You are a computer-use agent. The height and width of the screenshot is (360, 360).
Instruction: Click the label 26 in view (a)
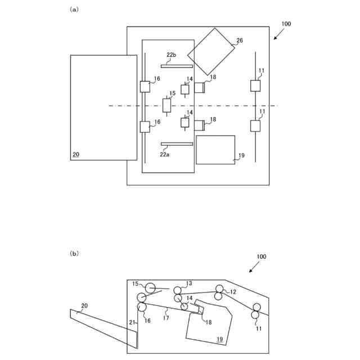(240, 40)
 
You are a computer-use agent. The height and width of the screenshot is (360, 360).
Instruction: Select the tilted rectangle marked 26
(211, 51)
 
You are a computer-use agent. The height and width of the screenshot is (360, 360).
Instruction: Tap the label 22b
(171, 55)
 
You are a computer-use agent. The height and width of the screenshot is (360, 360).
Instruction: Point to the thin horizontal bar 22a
(177, 144)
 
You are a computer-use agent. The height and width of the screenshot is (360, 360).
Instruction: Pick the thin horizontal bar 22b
(177, 66)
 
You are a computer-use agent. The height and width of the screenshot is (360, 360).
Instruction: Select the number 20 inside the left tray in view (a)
(76, 154)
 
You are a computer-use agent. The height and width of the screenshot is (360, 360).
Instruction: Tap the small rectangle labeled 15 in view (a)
(166, 105)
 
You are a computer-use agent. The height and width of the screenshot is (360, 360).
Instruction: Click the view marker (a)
(73, 10)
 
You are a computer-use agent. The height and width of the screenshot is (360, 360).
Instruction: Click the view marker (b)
(74, 254)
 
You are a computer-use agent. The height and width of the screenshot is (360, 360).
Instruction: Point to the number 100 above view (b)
(261, 256)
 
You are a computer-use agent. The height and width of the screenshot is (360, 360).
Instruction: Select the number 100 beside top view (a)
(286, 24)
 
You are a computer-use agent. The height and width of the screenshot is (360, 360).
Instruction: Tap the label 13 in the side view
(189, 283)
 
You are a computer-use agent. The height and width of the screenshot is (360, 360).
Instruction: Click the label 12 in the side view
(233, 292)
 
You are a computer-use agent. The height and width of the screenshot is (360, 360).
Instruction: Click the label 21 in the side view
(133, 322)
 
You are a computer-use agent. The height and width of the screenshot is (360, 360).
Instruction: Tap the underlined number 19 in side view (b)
(220, 339)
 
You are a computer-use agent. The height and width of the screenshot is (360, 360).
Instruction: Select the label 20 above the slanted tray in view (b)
(84, 306)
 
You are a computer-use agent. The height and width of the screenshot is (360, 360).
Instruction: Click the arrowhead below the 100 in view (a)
(275, 38)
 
